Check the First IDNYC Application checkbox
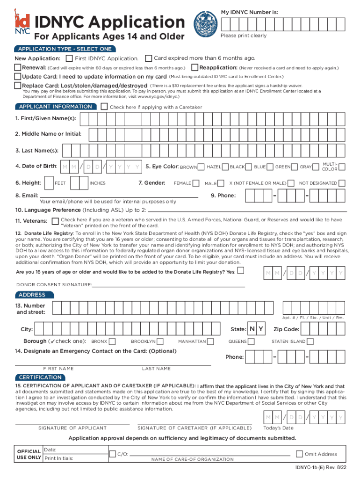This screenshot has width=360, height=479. pyautogui.click(x=69, y=58)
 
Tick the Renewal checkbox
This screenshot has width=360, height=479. pyautogui.click(x=18, y=68)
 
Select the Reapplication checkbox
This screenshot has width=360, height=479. pyautogui.click(x=195, y=68)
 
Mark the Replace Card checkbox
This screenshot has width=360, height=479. pyautogui.click(x=18, y=86)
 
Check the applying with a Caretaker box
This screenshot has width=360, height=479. pyautogui.click(x=104, y=107)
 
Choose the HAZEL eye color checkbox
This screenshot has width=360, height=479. pyautogui.click(x=226, y=167)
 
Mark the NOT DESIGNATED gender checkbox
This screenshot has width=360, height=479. pyautogui.click(x=342, y=183)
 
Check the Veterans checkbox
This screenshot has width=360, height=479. pyautogui.click(x=55, y=220)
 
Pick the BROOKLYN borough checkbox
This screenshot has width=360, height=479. pyautogui.click(x=159, y=341)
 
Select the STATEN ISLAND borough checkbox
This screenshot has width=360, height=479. pyautogui.click(x=310, y=341)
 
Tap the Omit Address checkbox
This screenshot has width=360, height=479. pyautogui.click(x=299, y=454)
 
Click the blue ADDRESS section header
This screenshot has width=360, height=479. pyautogui.click(x=32, y=295)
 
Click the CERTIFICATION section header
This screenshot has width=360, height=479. pyautogui.click(x=40, y=377)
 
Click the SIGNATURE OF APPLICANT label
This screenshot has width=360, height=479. pyautogui.click(x=72, y=428)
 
